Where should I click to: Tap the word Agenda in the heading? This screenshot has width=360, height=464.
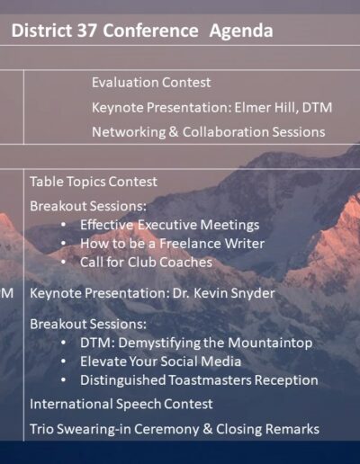(241, 31)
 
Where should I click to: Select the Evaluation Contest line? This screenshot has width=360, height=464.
(151, 83)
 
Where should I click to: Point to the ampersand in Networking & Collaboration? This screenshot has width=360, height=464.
(174, 132)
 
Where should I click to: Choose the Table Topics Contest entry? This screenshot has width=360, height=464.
(94, 182)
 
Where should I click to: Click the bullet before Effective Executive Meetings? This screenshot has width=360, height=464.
(63, 225)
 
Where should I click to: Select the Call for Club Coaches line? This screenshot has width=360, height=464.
(146, 262)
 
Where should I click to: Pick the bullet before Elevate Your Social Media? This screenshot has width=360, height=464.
(63, 361)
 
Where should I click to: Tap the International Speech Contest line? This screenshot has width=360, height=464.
(121, 404)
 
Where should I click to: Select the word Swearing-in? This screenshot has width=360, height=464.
(94, 429)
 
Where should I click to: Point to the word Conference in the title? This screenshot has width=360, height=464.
(150, 31)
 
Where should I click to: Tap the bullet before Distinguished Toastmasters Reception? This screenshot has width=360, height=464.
(63, 379)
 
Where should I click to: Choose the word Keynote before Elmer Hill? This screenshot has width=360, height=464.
(118, 108)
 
